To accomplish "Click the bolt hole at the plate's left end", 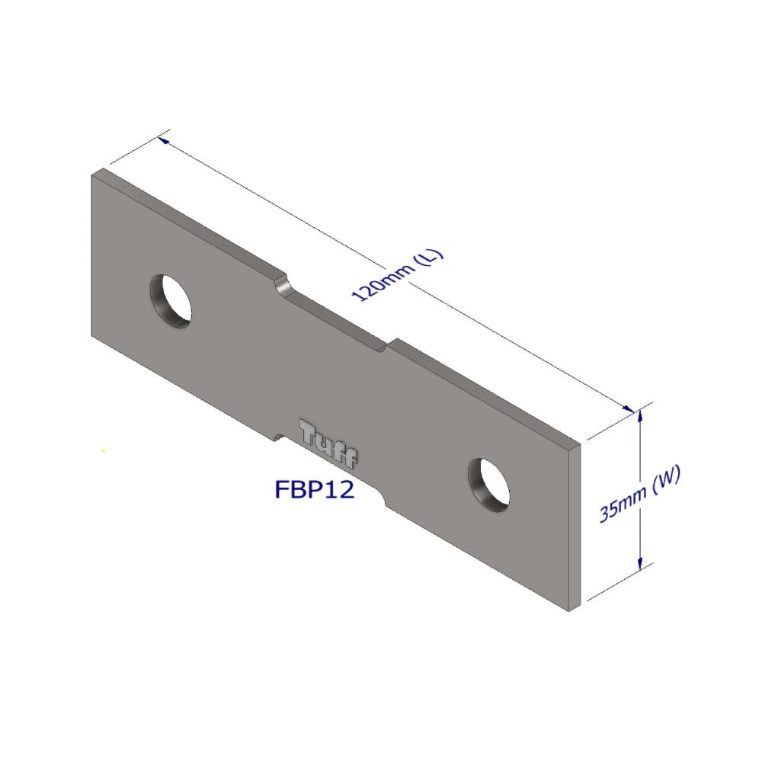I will (x=171, y=300).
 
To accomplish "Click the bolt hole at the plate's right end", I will (x=489, y=484).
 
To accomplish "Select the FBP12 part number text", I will (x=314, y=489).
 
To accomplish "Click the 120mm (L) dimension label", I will (x=396, y=274).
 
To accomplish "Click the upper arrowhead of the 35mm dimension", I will (x=640, y=415).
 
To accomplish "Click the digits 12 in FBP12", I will (x=340, y=489).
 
